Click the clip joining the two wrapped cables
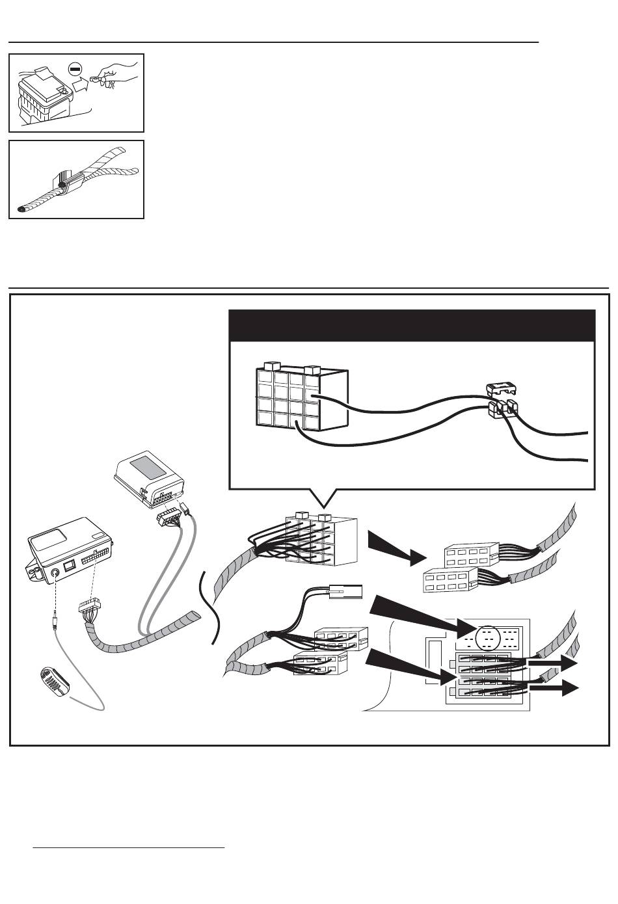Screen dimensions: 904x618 click(x=66, y=184)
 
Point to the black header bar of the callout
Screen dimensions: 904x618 click(x=412, y=325)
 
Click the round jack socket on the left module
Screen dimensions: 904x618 click(x=57, y=573)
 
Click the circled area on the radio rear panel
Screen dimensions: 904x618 click(x=488, y=638)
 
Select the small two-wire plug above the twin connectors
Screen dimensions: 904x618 click(x=345, y=593)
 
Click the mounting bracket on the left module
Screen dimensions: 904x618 click(x=35, y=570)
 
